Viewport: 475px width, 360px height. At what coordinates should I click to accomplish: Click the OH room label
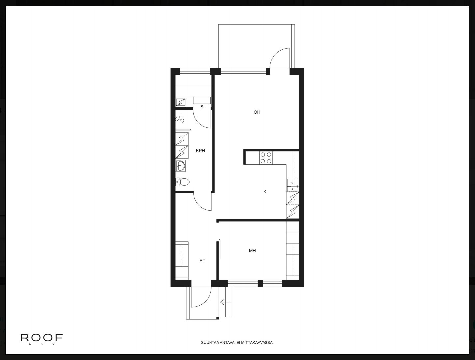tap(257, 112)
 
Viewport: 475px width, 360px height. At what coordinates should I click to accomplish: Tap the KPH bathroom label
tap(200, 151)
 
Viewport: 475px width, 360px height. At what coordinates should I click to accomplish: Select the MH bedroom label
tap(252, 251)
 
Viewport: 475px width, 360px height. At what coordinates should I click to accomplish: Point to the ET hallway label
tap(202, 261)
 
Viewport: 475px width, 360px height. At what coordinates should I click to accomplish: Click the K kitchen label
tap(265, 192)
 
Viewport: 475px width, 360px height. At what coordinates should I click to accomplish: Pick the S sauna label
tap(202, 107)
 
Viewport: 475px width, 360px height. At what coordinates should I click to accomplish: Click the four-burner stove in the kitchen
tap(265, 158)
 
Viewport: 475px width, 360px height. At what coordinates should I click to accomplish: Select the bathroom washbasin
tap(181, 166)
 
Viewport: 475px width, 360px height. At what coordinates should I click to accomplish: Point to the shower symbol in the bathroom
tap(180, 119)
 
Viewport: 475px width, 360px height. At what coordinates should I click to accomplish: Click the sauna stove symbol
tap(181, 102)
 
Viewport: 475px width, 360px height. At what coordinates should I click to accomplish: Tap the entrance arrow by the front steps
tap(226, 302)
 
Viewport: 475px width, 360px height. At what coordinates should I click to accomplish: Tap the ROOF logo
tap(42, 338)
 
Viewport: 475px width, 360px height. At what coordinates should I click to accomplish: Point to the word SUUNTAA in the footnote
tap(209, 343)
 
